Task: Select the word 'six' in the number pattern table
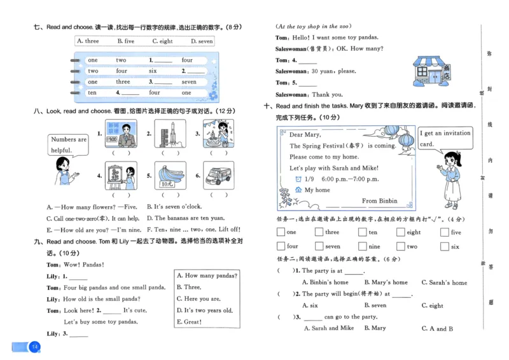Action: coord(153,71)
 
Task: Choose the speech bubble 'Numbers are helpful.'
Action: coord(68,145)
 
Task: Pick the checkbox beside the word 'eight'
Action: coord(401,233)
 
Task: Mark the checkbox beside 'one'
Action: coord(281,233)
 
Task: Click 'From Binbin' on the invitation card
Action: coord(379,201)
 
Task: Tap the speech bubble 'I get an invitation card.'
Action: coord(445,138)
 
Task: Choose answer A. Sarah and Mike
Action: coord(328,328)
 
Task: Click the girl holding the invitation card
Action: coord(452,179)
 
